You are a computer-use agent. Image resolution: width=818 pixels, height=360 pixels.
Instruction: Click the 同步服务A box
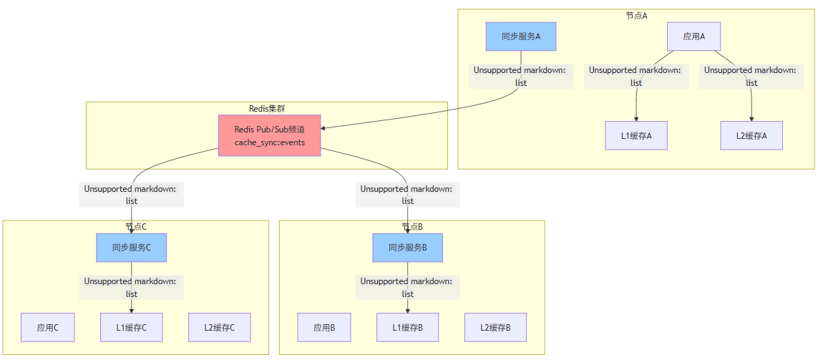pos(521,37)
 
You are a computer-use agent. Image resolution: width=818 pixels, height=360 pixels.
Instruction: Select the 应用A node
pos(693,37)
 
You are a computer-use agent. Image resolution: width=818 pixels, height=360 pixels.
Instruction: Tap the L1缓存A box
pos(636,135)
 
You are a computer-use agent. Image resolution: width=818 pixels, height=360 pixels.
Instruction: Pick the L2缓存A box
pos(751,135)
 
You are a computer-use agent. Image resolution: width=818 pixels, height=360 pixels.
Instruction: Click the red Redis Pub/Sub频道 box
pos(269,136)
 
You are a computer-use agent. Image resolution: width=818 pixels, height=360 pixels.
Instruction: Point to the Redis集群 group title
pos(267,109)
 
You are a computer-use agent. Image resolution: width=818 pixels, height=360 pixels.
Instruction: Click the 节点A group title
pos(636,16)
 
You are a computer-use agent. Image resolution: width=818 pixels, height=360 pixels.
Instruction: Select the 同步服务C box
pos(132,248)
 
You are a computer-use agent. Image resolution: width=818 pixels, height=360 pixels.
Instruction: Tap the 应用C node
pos(48,328)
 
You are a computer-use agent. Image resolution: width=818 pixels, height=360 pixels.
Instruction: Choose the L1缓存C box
pos(132,328)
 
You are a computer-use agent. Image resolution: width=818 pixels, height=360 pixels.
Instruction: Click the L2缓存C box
pos(219,328)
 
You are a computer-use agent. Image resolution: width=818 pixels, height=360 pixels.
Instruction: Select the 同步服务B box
pos(408,248)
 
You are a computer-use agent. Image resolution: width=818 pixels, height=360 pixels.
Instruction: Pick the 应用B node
pos(324,328)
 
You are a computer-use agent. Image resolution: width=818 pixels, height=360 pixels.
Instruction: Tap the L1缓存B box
pos(408,328)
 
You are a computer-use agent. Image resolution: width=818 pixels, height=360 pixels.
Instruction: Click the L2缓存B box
pos(495,328)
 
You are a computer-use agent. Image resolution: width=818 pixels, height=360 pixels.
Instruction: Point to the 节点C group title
pos(136,227)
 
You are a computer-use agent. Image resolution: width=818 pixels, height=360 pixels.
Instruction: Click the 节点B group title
pos(412,227)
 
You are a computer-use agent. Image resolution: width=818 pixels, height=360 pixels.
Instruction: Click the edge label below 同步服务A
pos(521,77)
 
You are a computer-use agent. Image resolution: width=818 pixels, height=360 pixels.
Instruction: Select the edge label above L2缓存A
pos(751,77)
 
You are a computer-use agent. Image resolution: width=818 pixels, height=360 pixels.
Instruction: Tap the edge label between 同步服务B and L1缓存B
pos(408,288)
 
